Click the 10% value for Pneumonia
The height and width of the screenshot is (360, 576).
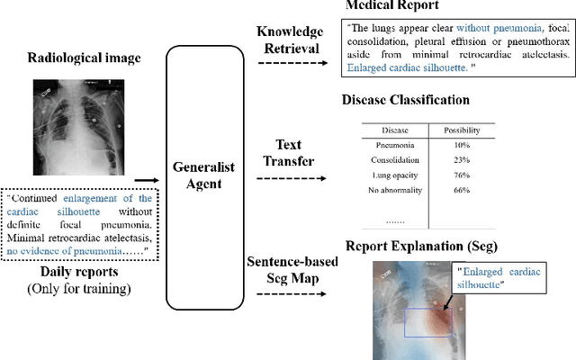point(463,144)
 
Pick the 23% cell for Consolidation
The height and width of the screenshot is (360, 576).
point(463,159)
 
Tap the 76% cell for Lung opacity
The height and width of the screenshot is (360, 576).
point(463,175)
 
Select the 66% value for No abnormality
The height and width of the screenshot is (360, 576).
point(463,190)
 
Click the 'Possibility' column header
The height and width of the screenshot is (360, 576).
point(463,130)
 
